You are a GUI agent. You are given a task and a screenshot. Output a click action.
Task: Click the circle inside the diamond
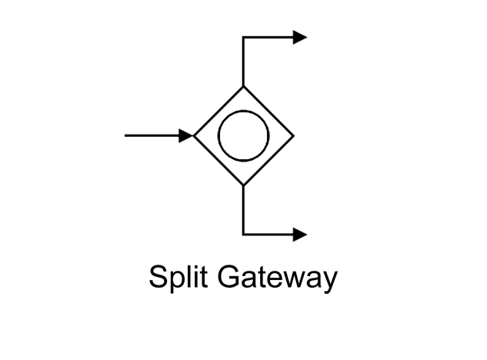pos(243,136)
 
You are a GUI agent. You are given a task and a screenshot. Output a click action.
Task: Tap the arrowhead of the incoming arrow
pos(186,136)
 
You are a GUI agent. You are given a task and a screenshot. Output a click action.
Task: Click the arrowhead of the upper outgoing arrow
pos(300,37)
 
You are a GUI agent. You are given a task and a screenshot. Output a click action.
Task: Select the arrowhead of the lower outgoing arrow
pos(300,234)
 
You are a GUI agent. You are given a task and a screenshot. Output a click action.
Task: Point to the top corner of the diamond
pos(243,87)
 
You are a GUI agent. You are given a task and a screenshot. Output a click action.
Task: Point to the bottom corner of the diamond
pos(243,185)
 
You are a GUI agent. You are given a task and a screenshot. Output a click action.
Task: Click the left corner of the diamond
pos(195,136)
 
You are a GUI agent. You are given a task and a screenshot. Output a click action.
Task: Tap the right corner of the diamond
pos(292,136)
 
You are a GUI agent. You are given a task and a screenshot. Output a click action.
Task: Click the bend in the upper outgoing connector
pos(243,37)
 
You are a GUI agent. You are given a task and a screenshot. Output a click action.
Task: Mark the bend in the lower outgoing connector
pos(243,234)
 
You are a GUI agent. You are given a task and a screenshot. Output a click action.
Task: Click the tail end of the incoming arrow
pos(126,136)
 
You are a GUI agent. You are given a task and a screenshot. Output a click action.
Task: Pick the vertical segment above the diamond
pos(243,62)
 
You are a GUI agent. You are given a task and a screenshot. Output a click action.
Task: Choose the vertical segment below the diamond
pos(243,209)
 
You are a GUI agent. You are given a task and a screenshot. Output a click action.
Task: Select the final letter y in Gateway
pos(330,280)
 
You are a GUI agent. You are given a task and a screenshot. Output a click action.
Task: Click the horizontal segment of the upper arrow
pos(269,37)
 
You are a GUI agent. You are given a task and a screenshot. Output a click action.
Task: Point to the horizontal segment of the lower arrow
pos(269,234)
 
